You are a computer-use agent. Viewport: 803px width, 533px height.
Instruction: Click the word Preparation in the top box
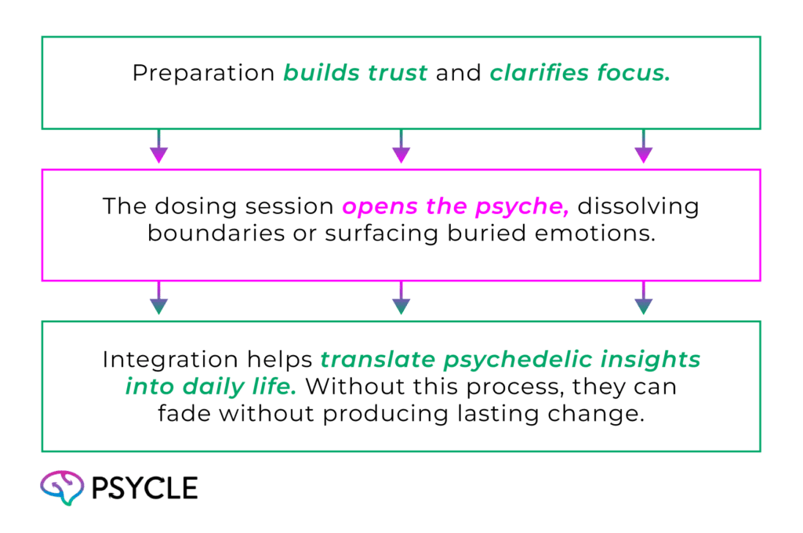tap(203, 73)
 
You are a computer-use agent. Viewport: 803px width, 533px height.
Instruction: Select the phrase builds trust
tap(355, 73)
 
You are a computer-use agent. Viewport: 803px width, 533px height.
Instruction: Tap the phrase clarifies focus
tap(580, 73)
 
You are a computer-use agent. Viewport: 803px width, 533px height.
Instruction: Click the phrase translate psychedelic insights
tap(511, 361)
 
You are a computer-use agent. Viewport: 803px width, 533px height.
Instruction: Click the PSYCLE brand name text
tap(144, 488)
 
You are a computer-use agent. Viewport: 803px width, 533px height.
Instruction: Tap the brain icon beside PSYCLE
tap(62, 488)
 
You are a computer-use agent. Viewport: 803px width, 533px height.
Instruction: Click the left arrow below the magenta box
tap(159, 299)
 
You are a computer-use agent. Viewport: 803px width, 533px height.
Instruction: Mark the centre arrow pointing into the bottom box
tap(401, 299)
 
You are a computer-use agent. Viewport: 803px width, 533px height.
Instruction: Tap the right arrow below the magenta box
tap(643, 299)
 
